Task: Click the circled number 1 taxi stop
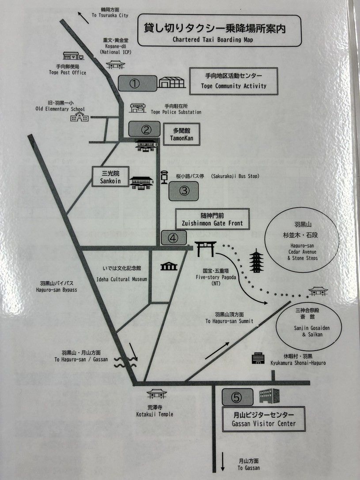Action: click(137, 83)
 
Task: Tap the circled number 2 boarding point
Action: click(144, 129)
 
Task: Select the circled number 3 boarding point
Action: click(184, 191)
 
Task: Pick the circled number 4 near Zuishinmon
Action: click(174, 238)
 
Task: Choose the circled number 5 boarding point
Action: click(237, 397)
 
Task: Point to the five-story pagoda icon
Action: click(256, 261)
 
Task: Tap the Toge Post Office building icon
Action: click(73, 56)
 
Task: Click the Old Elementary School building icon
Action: click(80, 117)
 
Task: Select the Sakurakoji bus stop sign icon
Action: click(164, 177)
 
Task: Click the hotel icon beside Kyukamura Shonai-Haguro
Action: click(258, 358)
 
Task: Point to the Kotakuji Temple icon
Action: click(157, 393)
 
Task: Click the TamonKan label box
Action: click(182, 134)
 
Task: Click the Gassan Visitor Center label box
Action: click(264, 419)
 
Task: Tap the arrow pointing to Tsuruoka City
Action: click(83, 18)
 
